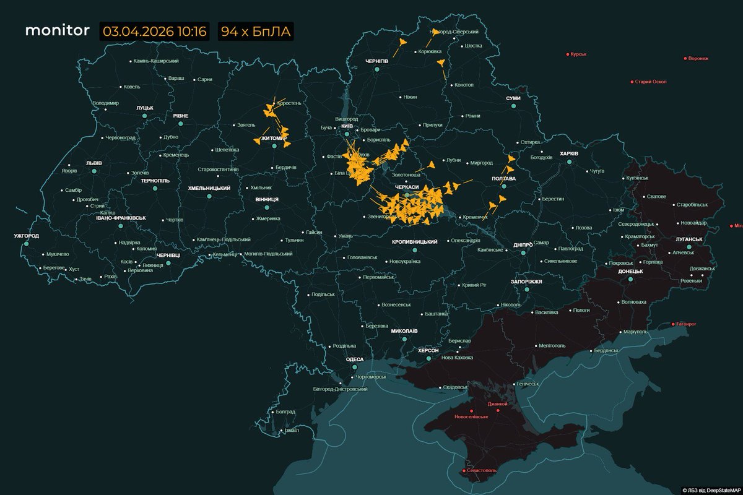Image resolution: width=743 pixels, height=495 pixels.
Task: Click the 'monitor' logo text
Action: tap(57, 31)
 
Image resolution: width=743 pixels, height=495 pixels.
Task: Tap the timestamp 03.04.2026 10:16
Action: tap(154, 32)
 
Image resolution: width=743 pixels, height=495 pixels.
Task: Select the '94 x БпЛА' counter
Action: tap(256, 32)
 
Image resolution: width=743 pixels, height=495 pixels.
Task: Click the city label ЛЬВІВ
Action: tap(94, 163)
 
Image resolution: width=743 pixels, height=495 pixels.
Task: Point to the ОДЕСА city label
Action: tap(355, 359)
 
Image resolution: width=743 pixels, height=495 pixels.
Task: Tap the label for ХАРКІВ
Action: tap(568, 153)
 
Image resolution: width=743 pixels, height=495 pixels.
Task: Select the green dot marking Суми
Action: tap(513, 106)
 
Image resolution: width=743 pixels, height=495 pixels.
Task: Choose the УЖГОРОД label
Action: tap(26, 236)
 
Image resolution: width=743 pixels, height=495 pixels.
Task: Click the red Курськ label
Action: tap(578, 54)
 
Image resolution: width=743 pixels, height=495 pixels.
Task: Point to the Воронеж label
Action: tap(697, 59)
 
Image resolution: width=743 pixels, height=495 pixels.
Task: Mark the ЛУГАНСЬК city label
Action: tap(689, 239)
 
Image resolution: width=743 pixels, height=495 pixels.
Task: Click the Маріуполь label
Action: tap(635, 332)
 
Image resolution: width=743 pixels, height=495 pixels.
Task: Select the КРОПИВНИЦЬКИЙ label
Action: tap(415, 242)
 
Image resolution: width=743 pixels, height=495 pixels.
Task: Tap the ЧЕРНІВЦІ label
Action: tap(168, 255)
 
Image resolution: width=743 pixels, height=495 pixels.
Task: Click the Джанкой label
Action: tap(498, 404)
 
